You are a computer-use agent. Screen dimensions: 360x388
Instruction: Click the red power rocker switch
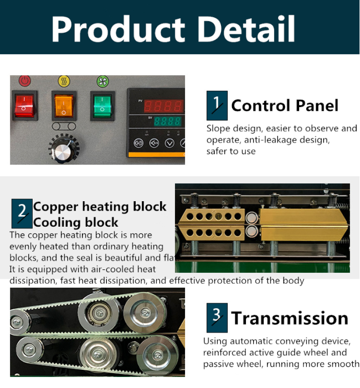tap(24, 106)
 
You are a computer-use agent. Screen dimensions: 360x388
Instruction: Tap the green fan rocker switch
tap(102, 106)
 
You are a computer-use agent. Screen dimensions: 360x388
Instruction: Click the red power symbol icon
tap(25, 81)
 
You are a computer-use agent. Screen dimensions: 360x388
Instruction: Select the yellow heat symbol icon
tap(64, 81)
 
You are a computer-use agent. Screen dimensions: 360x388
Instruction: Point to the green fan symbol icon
tap(102, 81)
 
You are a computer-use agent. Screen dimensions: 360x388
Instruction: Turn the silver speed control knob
tap(63, 149)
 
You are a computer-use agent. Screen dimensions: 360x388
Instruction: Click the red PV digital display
tap(163, 106)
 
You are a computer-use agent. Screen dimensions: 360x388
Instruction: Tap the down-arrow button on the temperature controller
tap(169, 143)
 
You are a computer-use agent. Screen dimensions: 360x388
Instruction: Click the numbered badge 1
tap(217, 105)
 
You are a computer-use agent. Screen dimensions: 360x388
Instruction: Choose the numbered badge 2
tap(22, 213)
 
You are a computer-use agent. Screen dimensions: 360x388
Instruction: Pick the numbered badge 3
tap(217, 318)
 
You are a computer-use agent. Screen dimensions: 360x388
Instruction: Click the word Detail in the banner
tap(246, 29)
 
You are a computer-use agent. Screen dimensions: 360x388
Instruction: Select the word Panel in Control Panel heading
tap(317, 106)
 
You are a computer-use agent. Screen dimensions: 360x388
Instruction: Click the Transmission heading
tap(290, 318)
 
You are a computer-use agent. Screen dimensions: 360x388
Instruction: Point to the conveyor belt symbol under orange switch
tap(64, 126)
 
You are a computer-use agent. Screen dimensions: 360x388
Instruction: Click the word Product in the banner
tap(118, 29)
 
